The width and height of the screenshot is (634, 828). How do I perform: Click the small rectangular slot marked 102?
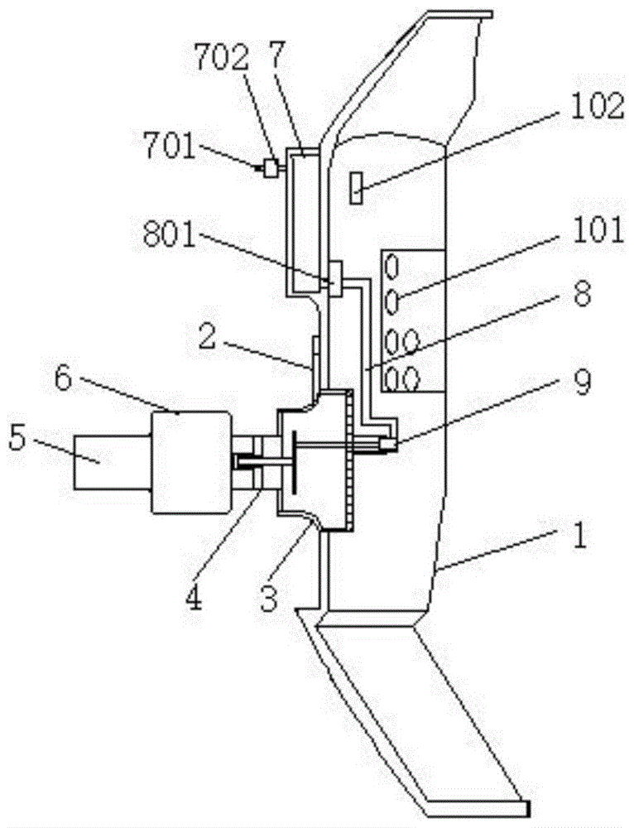click(357, 188)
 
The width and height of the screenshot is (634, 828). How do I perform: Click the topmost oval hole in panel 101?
click(394, 267)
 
